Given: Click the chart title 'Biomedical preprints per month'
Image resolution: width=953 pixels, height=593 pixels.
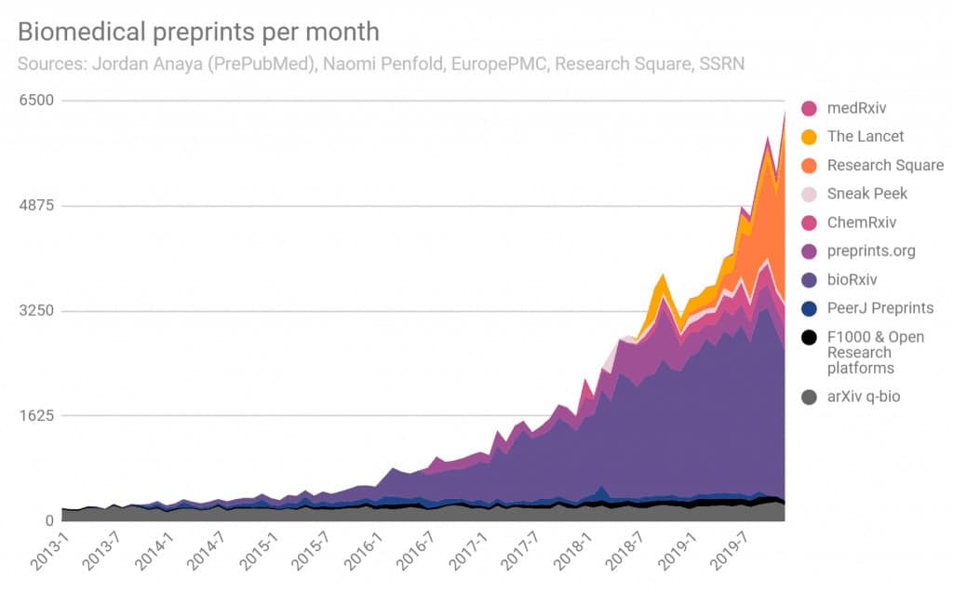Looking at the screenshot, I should [198, 32].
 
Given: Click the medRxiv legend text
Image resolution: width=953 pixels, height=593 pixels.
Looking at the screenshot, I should [858, 108].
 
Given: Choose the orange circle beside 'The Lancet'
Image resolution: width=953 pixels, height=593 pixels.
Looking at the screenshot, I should [809, 137].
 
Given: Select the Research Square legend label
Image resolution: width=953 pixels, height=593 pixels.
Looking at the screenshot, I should [885, 165].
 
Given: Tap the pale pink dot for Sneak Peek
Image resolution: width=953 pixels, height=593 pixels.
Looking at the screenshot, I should [809, 194].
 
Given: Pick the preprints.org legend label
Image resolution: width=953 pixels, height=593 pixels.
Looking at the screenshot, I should [871, 250].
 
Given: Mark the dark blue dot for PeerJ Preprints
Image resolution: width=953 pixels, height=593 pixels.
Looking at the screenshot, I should [809, 308].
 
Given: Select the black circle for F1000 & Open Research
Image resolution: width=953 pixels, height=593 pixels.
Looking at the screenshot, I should [809, 337].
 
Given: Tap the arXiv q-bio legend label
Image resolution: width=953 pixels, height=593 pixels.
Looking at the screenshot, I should [864, 397].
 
